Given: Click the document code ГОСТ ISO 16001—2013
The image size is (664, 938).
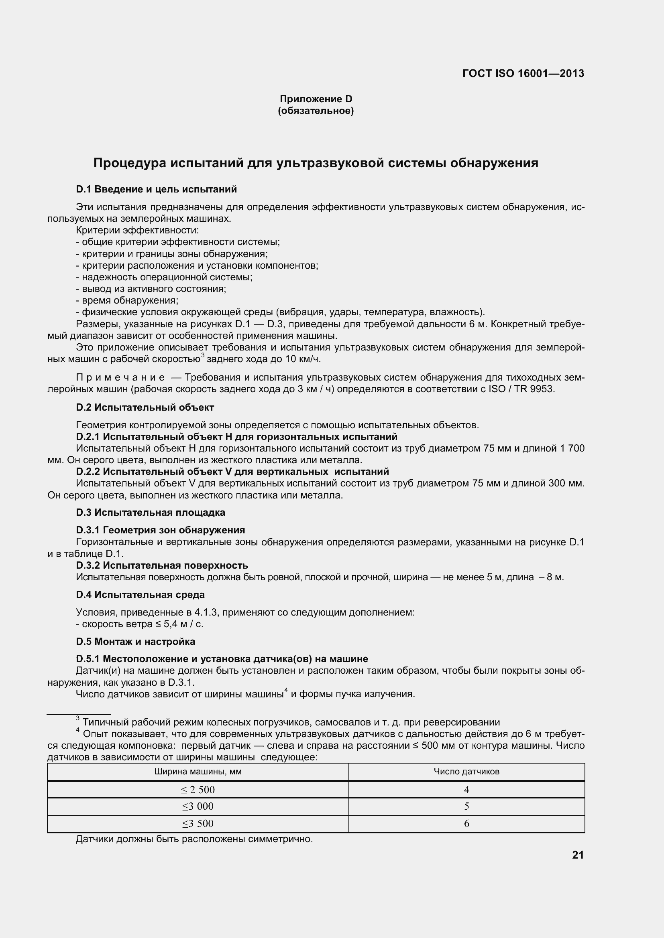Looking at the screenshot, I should pyautogui.click(x=523, y=73).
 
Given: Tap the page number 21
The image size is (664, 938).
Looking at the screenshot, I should pyautogui.click(x=578, y=855).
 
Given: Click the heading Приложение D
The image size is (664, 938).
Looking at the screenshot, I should pyautogui.click(x=316, y=99).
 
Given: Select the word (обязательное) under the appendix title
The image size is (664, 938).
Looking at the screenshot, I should pyautogui.click(x=316, y=111).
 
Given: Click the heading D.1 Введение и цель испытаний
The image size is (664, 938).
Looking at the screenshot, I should pyautogui.click(x=156, y=189).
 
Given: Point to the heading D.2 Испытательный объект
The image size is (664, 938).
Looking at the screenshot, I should pyautogui.click(x=145, y=407).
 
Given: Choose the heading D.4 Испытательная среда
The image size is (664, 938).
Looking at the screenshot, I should pyautogui.click(x=140, y=594).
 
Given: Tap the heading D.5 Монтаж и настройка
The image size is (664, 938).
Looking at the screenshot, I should pyautogui.click(x=135, y=641).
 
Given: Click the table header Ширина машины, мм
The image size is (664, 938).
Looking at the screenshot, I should pyautogui.click(x=198, y=772).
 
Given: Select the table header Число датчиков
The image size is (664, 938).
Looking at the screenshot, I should pyautogui.click(x=466, y=772).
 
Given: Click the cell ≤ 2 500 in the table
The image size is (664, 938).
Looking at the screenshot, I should pyautogui.click(x=198, y=790).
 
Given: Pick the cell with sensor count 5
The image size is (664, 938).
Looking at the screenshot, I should pyautogui.click(x=466, y=806).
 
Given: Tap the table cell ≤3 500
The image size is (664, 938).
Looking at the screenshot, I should pyautogui.click(x=198, y=824).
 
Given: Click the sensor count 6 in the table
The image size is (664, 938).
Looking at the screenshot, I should pyautogui.click(x=466, y=824).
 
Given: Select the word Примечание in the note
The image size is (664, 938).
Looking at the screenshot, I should pyautogui.click(x=120, y=377).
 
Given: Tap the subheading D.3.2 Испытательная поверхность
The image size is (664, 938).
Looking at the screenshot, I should pyautogui.click(x=162, y=565).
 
